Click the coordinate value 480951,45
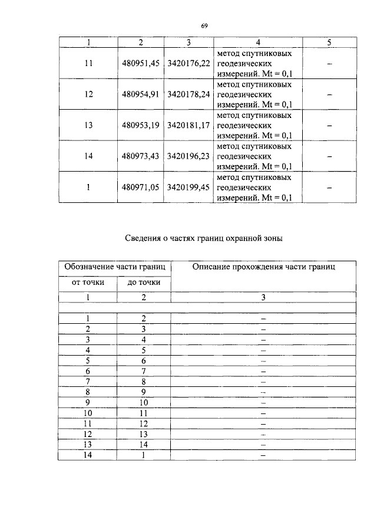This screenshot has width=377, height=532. click(141, 64)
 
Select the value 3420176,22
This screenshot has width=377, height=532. click(188, 64)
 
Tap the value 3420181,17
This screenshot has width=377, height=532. click(188, 126)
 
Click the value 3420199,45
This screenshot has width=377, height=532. click(188, 187)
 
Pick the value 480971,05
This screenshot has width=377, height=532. click(141, 187)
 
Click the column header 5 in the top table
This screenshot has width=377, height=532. click(329, 42)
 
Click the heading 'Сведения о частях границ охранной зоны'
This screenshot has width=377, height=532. click(204, 238)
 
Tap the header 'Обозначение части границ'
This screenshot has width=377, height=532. click(114, 267)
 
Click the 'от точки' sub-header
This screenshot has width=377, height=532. click(88, 283)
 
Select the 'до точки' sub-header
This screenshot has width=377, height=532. click(143, 283)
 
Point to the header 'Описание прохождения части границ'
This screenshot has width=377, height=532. click(263, 267)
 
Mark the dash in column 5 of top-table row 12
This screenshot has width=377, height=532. click(329, 94)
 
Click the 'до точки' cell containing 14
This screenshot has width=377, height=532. click(143, 445)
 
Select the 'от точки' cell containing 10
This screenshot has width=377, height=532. click(88, 413)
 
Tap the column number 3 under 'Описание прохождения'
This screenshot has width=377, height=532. click(263, 297)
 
